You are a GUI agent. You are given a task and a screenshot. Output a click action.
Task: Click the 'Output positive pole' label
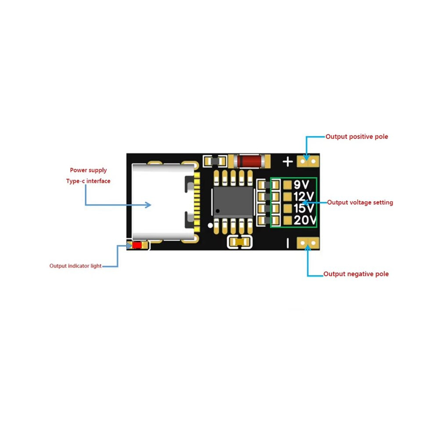tap(356, 137)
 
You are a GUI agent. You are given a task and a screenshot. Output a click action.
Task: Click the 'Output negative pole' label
tap(356, 274)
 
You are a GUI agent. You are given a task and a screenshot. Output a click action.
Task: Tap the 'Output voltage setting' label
tap(360, 202)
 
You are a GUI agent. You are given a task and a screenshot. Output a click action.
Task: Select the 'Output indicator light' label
tap(76, 266)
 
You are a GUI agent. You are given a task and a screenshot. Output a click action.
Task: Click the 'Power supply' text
tap(88, 170)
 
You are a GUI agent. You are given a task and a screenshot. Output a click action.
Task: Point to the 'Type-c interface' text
tap(88, 181)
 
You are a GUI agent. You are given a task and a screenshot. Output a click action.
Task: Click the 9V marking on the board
tap(301, 185)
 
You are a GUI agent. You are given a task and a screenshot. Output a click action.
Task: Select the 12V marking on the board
tap(304, 196)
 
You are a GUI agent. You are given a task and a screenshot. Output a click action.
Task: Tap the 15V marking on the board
tap(304, 208)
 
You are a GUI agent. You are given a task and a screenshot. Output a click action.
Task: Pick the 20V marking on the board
tap(305, 220)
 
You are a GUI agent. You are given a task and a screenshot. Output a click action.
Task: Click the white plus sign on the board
tap(288, 161)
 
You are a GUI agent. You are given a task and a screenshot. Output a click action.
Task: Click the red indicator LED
tap(137, 245)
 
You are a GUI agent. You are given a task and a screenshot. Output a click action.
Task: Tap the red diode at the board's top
tap(250, 161)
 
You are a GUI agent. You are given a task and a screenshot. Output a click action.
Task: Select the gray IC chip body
tap(233, 202)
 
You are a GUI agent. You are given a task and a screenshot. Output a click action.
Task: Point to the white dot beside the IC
tap(210, 225)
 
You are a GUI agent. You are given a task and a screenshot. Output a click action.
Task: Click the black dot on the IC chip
tap(218, 211)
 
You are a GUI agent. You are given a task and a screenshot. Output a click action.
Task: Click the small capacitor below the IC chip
tap(240, 242)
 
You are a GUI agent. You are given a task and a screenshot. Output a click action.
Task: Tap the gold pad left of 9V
tap(287, 185)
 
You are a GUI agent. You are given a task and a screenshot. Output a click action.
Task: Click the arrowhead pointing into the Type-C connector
tap(149, 205)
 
